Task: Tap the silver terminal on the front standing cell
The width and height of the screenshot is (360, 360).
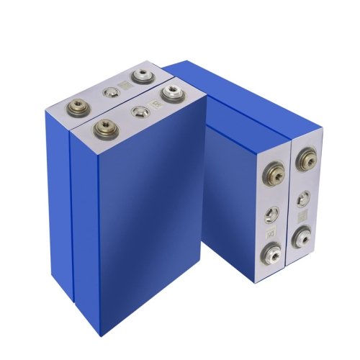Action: tap(171, 93)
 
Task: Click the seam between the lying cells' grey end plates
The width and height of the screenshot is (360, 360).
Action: tap(290, 209)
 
